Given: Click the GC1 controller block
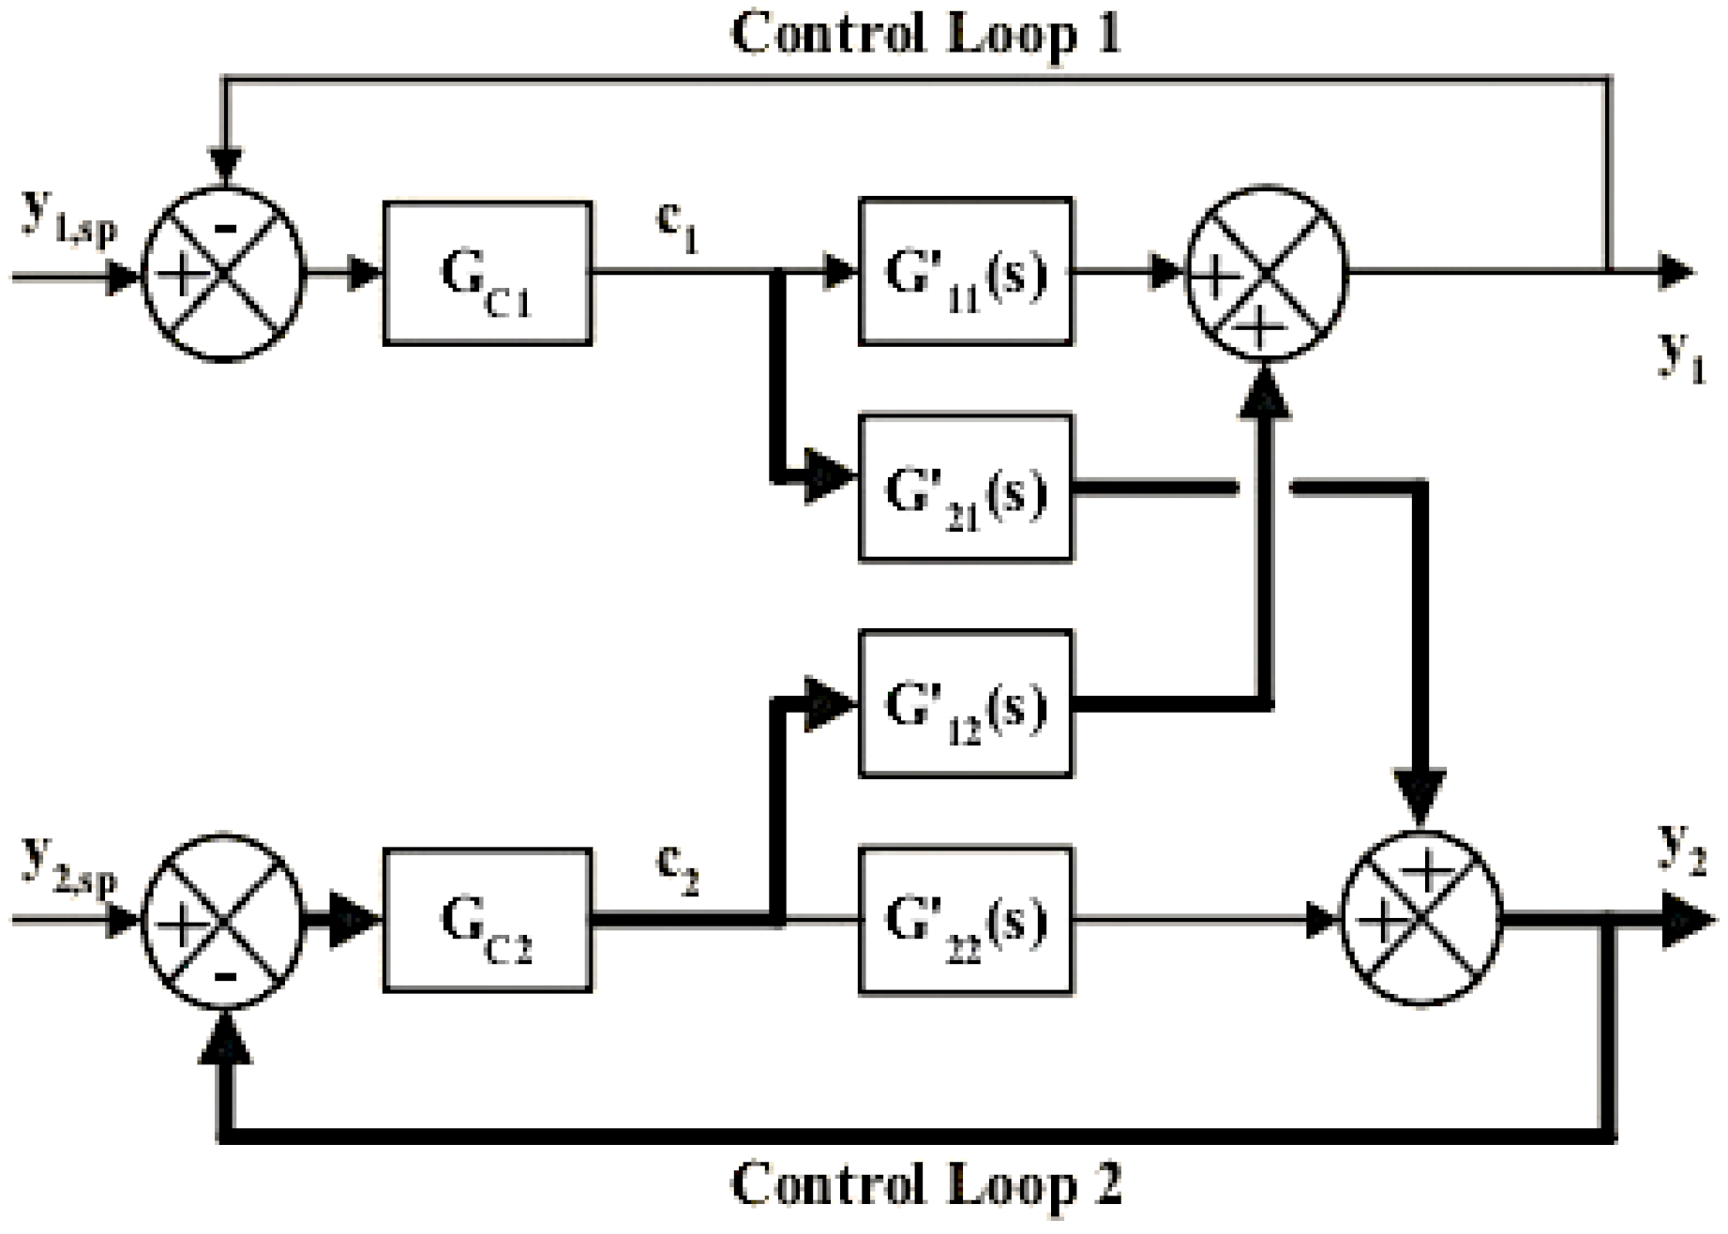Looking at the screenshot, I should [x=487, y=274].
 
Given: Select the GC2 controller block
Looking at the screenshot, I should [x=487, y=921].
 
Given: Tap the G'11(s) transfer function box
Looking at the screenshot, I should [x=966, y=272].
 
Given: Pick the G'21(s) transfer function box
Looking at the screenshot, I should [x=966, y=489].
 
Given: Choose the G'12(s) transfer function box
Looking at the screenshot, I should [x=966, y=704].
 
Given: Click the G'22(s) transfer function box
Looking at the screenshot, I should [x=966, y=921].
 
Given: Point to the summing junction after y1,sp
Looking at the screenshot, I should [x=223, y=273].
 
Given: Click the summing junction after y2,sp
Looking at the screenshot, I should [x=223, y=921].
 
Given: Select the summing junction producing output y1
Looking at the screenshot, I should [x=1266, y=273].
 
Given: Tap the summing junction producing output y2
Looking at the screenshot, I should [x=1422, y=921].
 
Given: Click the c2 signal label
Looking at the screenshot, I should [x=678, y=874].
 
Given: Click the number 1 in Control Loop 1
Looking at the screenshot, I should [x=1106, y=35].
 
